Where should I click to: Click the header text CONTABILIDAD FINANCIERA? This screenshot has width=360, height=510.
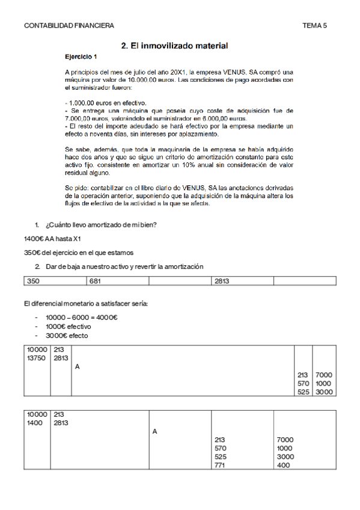[x=69, y=25]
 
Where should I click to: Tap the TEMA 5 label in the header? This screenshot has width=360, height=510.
[x=315, y=25]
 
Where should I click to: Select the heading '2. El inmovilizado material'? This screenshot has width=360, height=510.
[x=174, y=45]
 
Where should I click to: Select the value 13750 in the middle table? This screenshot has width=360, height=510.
[x=37, y=358]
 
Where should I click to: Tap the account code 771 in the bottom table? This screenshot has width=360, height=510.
[x=220, y=465]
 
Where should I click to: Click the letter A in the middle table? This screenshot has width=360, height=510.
[x=78, y=366]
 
